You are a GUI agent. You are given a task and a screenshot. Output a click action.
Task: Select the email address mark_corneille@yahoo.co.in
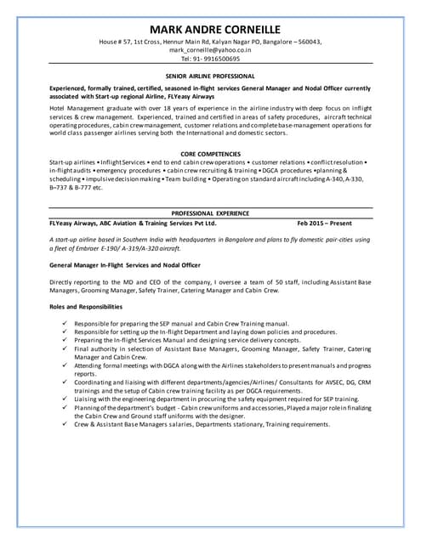click(210, 50)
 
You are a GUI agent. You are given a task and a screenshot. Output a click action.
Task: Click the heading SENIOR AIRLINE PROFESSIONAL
click(210, 76)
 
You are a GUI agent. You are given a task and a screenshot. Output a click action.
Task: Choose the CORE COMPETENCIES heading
click(210, 153)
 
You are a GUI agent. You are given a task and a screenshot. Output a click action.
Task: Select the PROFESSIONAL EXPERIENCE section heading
click(210, 213)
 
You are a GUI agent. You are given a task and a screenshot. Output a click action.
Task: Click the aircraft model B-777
click(80, 187)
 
